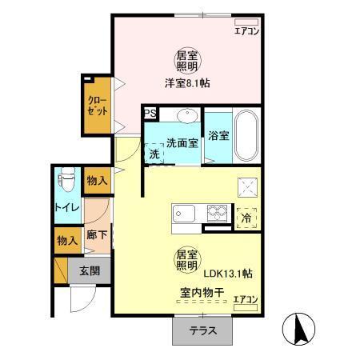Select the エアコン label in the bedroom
pos(246,32)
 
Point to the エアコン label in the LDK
pos(246,300)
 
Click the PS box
pos(150,114)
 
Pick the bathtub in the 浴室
pos(246,136)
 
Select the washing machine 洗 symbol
pos(154,154)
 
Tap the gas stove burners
pos(217,214)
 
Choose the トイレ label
pos(66,208)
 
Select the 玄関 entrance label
pos(89,271)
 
